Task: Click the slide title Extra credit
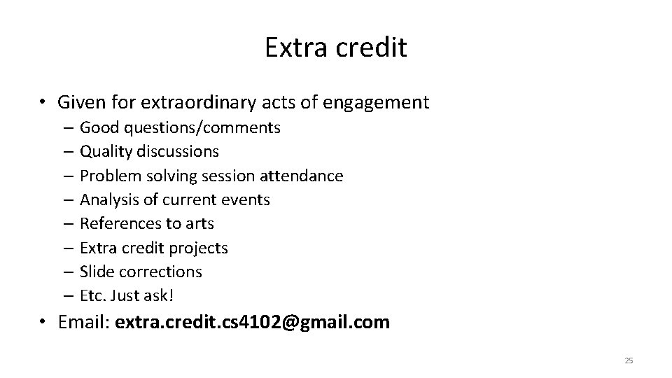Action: pos(336,48)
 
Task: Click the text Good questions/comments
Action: pos(180,127)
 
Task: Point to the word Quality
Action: pos(106,151)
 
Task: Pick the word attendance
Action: pos(309,176)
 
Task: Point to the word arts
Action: pos(200,223)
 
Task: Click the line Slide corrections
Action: pos(141,272)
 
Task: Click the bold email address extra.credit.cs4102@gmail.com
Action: pos(252,323)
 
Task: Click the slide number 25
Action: pos(628,360)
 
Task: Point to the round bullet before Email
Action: pos(43,323)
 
